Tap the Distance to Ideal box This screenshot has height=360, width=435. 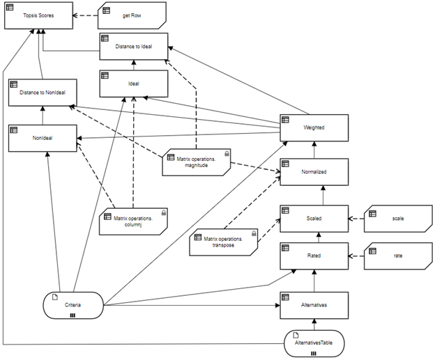[132, 47]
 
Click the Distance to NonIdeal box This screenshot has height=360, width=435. [43, 93]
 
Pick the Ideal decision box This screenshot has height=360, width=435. [132, 84]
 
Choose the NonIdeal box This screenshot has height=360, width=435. [43, 137]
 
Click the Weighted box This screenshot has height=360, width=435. [314, 127]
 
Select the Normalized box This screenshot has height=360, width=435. [314, 171]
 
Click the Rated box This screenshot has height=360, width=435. [314, 256]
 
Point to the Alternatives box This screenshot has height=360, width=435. [314, 305]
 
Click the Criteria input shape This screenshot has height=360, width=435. [72, 306]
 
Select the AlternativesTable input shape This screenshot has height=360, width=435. [315, 345]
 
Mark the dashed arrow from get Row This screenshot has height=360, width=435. [84, 15]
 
